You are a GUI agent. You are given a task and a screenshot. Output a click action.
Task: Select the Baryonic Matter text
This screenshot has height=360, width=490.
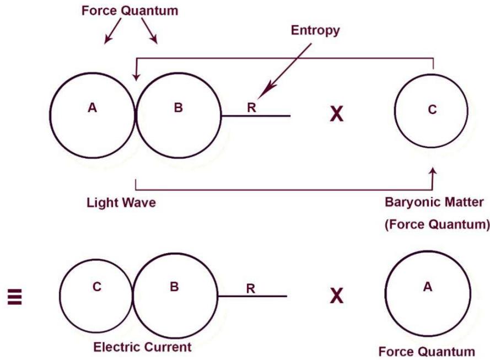(x=433, y=203)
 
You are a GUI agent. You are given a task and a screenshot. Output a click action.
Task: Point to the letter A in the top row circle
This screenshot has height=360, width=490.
(x=91, y=108)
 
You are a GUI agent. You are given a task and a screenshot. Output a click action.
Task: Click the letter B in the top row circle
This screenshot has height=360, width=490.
(x=178, y=108)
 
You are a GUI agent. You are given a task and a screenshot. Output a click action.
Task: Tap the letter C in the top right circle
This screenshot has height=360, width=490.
(x=432, y=110)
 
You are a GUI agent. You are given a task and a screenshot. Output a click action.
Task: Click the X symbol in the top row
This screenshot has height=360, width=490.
(x=336, y=114)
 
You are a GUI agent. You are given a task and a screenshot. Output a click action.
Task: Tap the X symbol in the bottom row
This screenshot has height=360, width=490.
(x=335, y=297)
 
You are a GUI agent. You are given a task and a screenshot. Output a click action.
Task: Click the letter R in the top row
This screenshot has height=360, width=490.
(x=251, y=108)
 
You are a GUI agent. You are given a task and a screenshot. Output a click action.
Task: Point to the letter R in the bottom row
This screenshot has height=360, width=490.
(x=250, y=289)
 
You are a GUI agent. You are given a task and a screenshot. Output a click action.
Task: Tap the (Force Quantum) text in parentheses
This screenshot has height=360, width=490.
(x=435, y=223)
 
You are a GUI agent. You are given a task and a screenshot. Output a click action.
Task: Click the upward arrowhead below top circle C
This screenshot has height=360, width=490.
(x=433, y=173)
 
